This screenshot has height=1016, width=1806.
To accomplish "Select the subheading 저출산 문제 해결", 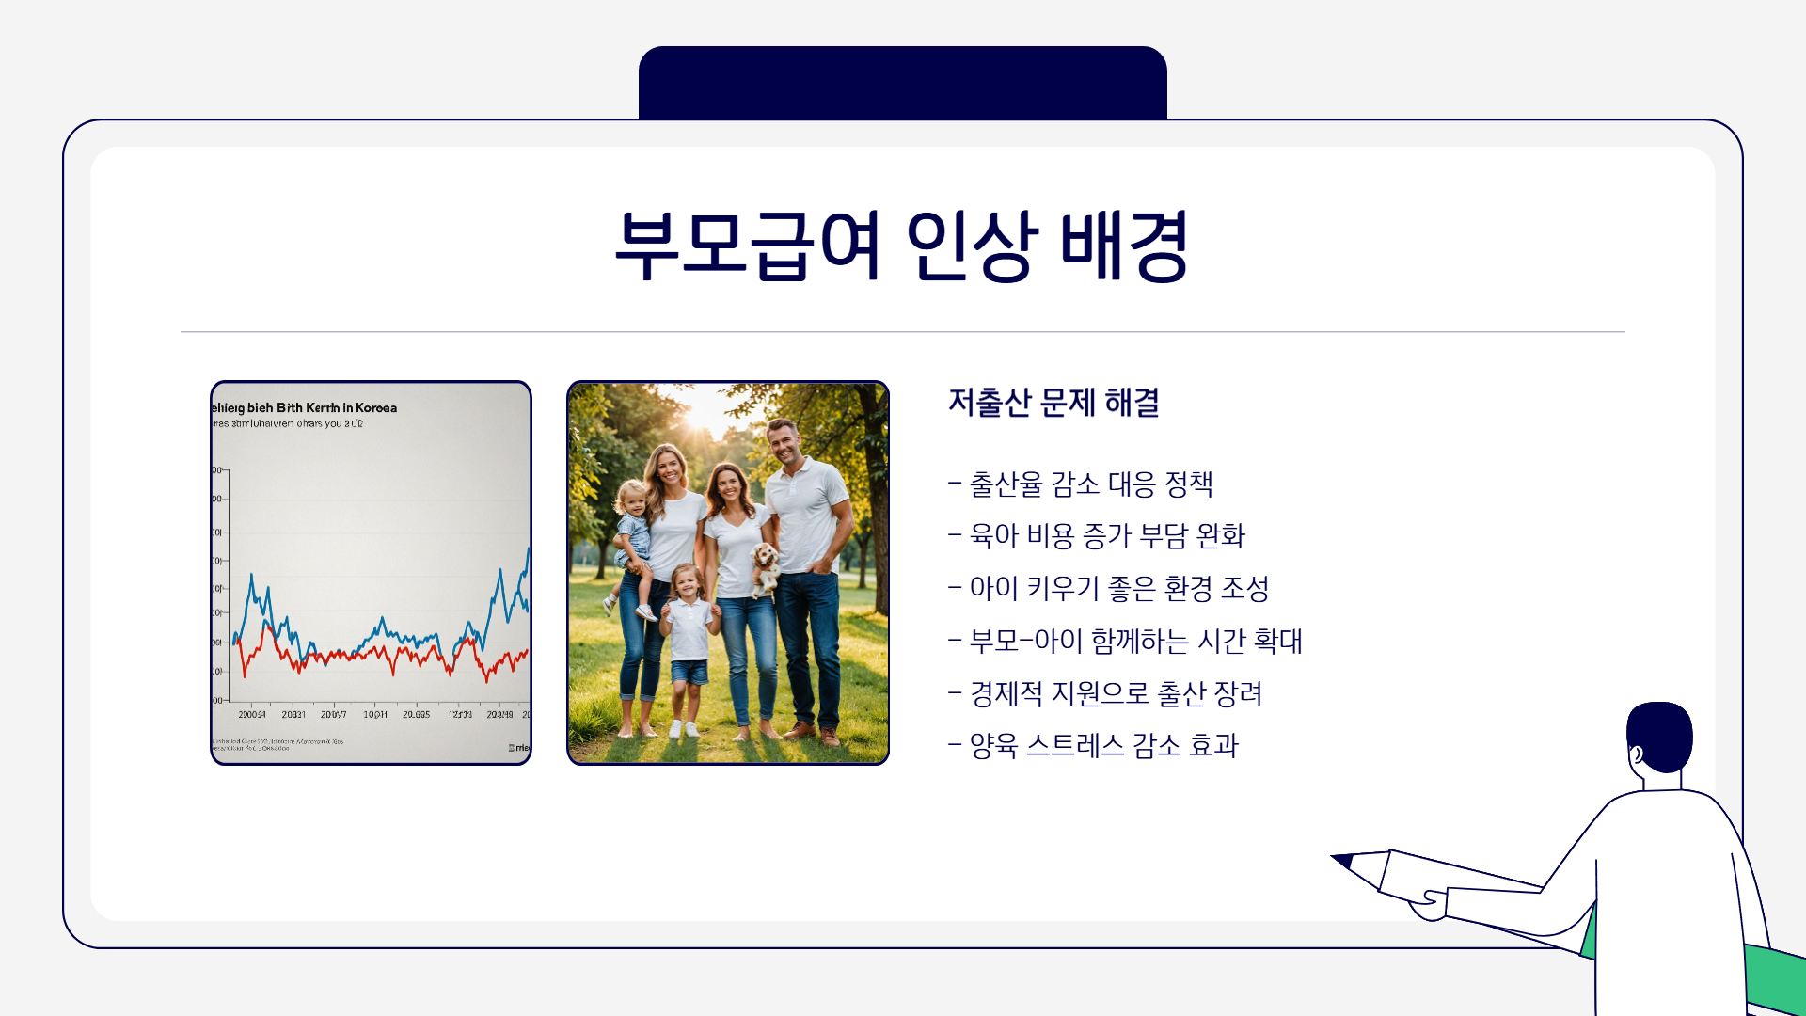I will (1053, 403).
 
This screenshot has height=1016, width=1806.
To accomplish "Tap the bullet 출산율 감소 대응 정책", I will (1091, 484).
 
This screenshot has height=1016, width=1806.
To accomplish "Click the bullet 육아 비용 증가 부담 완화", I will (1107, 536).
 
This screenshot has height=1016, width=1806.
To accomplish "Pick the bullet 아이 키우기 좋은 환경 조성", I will (1119, 589).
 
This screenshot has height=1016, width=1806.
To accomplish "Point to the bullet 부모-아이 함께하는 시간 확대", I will (1135, 642).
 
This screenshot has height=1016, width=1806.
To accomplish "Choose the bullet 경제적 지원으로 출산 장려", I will (1116, 694).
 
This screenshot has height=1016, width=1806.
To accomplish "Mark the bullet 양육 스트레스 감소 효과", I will (1103, 746).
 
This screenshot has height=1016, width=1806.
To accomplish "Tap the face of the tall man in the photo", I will (784, 442).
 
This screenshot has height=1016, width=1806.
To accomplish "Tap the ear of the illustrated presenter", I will (1637, 754).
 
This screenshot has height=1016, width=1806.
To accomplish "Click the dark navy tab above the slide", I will (902, 83).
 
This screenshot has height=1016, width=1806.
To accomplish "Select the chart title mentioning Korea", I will (305, 407).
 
